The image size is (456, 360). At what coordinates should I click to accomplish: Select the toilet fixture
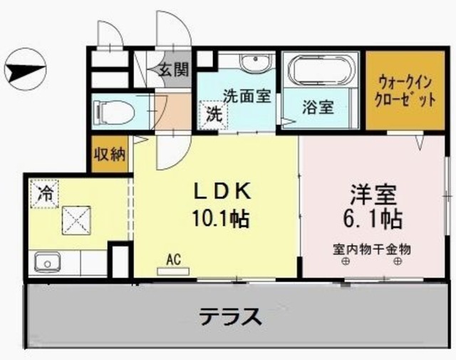point(114,111)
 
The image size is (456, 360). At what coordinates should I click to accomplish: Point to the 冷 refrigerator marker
point(44,192)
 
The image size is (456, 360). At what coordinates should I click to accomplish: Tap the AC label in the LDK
point(174,260)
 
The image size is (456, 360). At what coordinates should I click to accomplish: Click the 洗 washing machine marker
point(214,113)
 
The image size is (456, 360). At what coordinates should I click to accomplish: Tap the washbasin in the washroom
point(256,65)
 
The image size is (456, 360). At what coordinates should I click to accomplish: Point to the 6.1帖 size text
point(373,217)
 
